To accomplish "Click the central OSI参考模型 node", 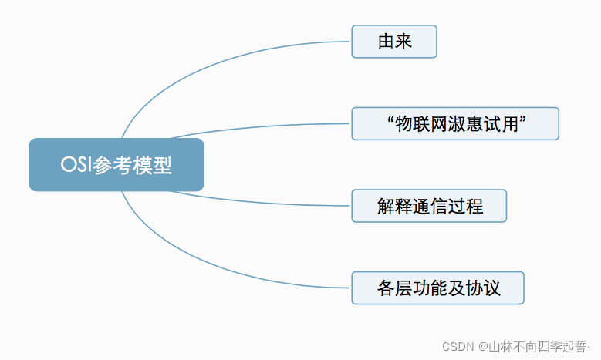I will point(116,165).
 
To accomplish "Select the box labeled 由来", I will point(394,42).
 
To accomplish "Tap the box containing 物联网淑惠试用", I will point(454,123).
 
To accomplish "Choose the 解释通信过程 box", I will point(429,206).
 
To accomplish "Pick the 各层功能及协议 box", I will point(437,288).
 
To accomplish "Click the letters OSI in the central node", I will point(76,165).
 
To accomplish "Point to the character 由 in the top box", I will point(386,42).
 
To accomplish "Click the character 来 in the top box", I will point(403,42).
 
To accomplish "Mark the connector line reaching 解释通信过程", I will point(262,203).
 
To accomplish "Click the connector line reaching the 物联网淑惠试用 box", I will point(262,126).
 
